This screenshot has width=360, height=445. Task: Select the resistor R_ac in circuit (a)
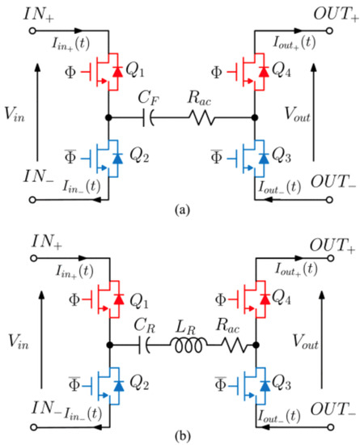click(201, 117)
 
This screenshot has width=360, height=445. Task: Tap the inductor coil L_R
click(188, 345)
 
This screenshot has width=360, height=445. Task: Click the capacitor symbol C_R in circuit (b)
click(145, 345)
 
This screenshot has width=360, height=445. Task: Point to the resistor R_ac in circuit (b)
click(235, 345)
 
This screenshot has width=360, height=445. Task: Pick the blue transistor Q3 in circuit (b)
click(250, 385)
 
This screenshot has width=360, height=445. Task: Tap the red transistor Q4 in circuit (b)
click(250, 299)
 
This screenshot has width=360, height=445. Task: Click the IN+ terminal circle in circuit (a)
click(32, 31)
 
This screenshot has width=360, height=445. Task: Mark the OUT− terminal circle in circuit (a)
click(329, 200)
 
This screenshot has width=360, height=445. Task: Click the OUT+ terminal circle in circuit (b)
click(331, 258)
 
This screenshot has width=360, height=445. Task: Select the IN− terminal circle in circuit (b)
click(34, 427)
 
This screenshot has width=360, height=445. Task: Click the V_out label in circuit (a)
click(298, 114)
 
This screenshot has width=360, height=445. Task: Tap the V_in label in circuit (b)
click(19, 341)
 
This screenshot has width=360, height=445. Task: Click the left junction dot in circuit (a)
click(108, 117)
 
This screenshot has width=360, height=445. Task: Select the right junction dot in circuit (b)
click(256, 345)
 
